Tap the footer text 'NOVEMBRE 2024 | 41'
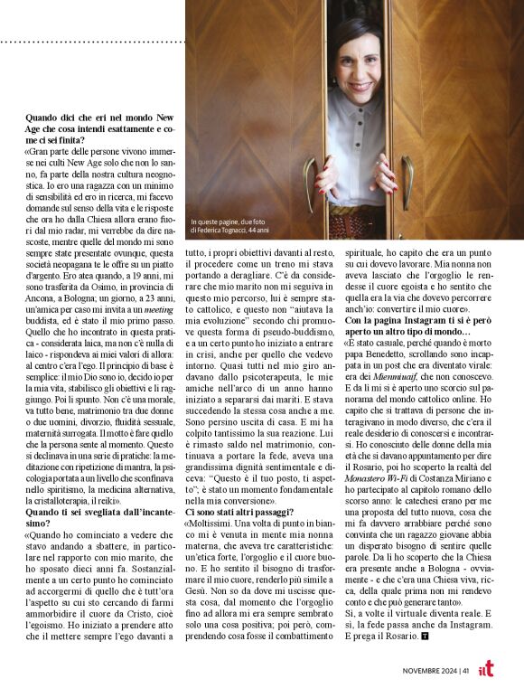click(437, 671)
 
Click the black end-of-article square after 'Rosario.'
click(425, 636)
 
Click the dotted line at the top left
click(90, 42)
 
